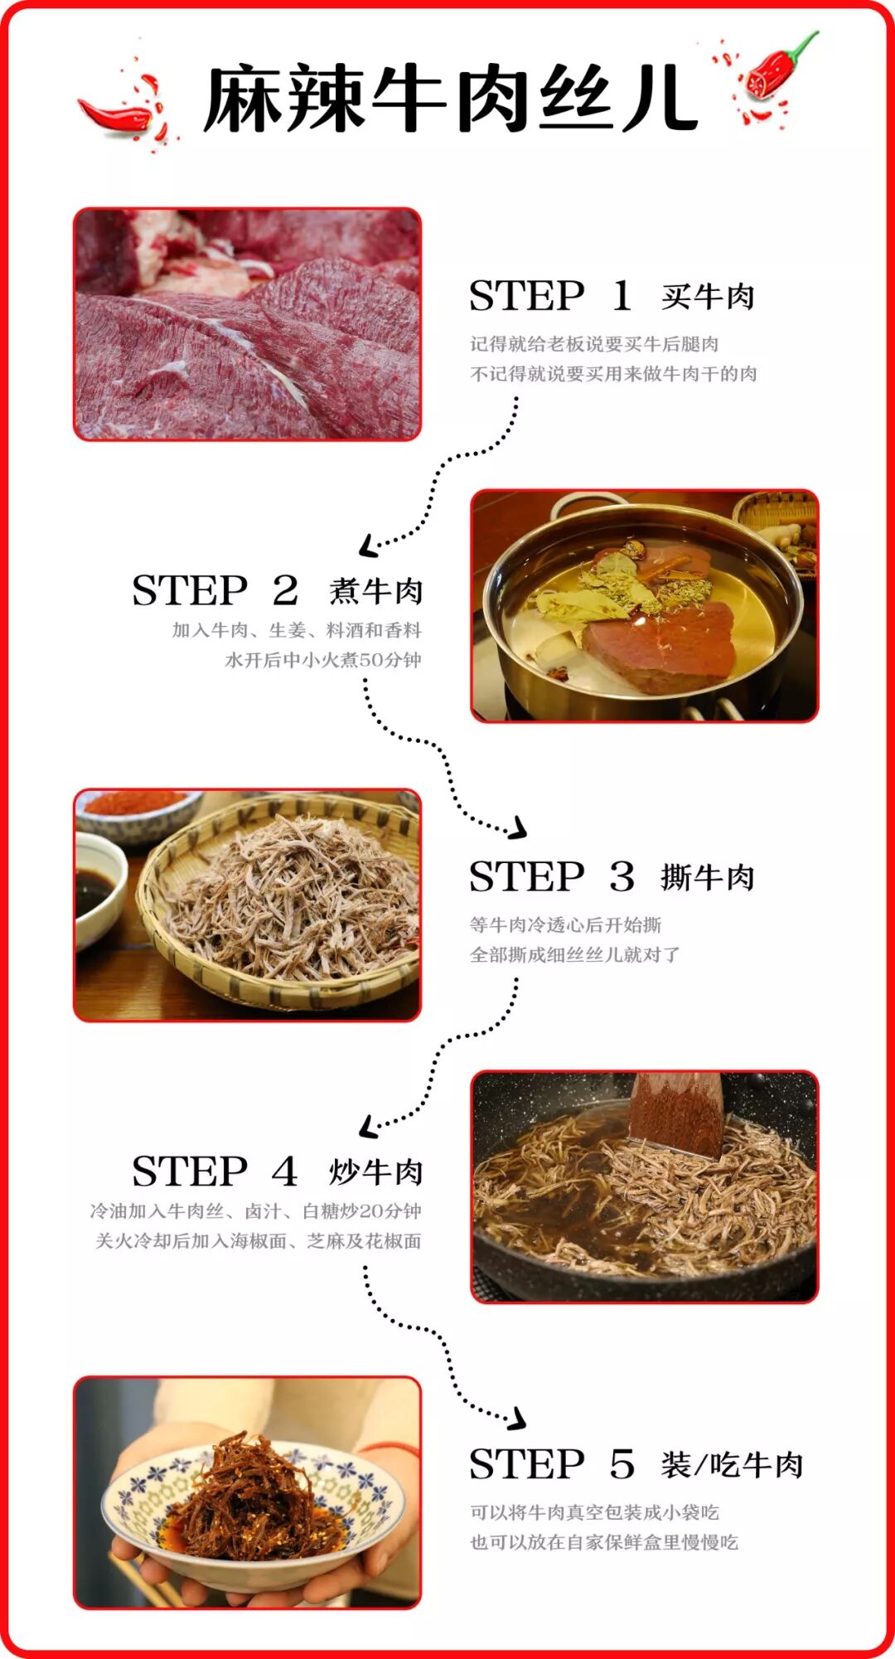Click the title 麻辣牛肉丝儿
(451, 99)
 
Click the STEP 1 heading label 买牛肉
(708, 297)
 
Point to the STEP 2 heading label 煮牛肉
(375, 591)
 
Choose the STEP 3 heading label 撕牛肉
(708, 877)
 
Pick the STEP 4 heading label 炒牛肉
(375, 1171)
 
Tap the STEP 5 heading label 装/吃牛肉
(732, 1465)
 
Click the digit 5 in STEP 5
(622, 1465)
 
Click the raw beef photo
(248, 324)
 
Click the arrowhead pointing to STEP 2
(370, 546)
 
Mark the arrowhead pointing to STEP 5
(516, 1418)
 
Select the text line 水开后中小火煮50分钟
(323, 660)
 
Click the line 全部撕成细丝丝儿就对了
(574, 954)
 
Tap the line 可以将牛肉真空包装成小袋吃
(594, 1512)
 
